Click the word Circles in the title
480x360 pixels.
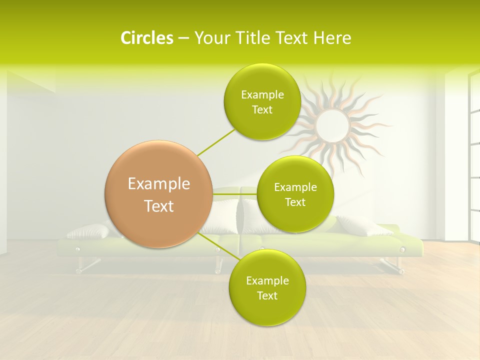pos(147,38)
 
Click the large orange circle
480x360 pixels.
pos(159,194)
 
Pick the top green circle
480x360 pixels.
pos(262,102)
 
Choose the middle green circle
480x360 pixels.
pos(295,194)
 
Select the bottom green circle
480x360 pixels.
pos(267,288)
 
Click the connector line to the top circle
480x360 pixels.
pos(216,142)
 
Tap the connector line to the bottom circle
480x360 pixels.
pos(215,245)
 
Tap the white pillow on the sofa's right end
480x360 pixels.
pos(364,226)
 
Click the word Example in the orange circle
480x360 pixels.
pos(159,184)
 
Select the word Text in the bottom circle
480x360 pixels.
pos(267,296)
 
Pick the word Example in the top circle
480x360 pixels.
pos(262,94)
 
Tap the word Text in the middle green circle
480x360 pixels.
pos(295,202)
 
